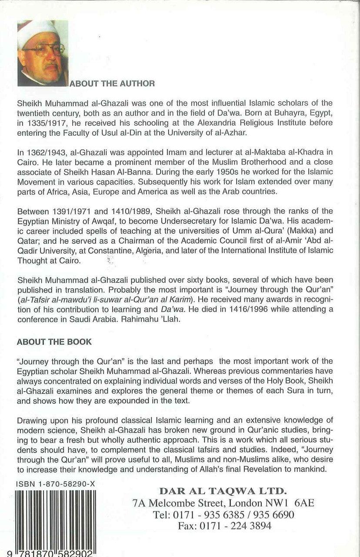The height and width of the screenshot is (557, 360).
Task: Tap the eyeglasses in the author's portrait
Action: point(43,49)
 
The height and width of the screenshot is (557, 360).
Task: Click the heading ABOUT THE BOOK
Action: point(54,342)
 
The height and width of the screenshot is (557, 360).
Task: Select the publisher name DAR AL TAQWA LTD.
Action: point(223,491)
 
